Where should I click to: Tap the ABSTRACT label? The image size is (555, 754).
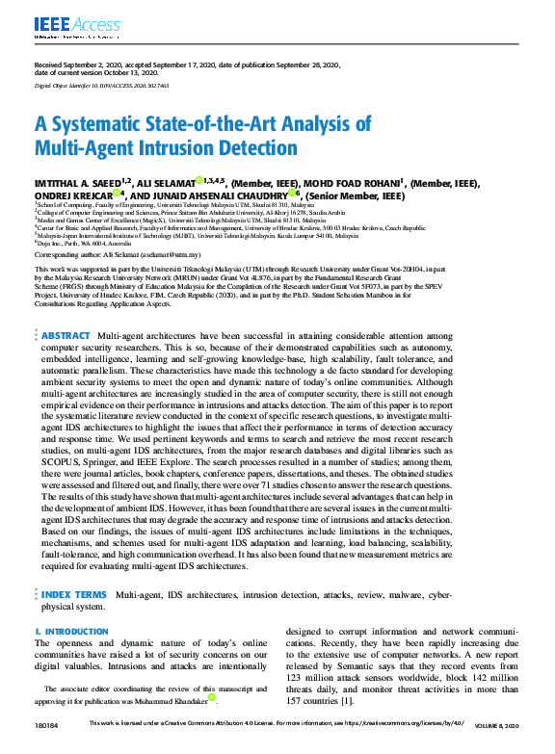tap(66, 334)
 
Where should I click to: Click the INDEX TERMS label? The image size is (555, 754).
tap(74, 596)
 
